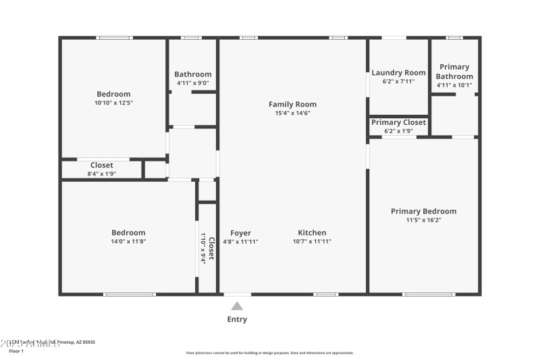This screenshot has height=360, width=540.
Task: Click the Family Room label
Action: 292,104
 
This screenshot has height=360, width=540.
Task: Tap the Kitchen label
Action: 312,232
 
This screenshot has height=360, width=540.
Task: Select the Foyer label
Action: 240,232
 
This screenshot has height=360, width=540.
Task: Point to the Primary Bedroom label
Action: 423,211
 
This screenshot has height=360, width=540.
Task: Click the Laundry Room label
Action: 398,73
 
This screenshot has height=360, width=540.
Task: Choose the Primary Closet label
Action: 398,122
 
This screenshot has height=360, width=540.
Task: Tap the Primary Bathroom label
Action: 454,72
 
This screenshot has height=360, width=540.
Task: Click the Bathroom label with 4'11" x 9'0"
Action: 192,74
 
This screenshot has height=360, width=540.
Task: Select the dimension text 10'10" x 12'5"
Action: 113,103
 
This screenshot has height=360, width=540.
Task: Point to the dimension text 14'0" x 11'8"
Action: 128,241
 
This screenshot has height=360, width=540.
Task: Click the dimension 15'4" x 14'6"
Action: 292,113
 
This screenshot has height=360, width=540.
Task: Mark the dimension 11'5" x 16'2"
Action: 423,220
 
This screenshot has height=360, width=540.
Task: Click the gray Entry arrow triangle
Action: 237,306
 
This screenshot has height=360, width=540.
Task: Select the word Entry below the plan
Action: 237,319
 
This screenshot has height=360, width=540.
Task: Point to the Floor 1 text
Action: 16,351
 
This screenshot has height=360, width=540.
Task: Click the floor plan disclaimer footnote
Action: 269,353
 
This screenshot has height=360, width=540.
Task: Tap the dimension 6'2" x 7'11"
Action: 398,82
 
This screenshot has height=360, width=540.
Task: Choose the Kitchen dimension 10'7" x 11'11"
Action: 312,241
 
